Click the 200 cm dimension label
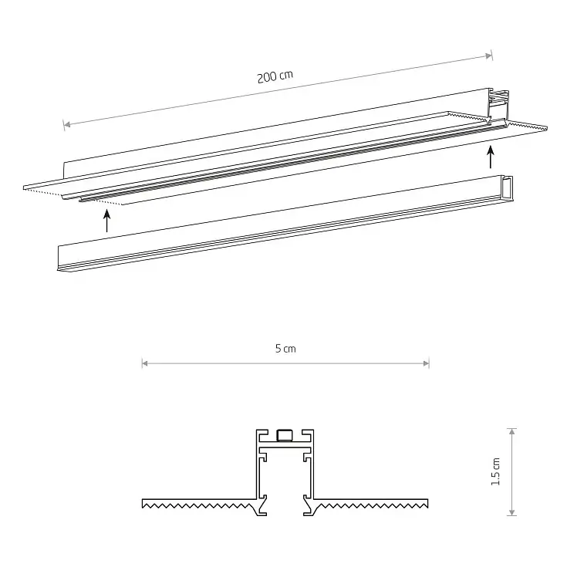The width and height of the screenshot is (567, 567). coord(275,78)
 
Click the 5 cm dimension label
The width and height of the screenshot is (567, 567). coord(285,349)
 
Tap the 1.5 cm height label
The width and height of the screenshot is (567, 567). coord(496,471)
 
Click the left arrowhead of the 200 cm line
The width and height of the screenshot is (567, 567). coord(67,123)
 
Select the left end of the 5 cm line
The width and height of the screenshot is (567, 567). coord(143,363)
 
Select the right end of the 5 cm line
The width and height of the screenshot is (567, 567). coord(427,363)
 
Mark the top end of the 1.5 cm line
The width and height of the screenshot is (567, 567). coord(512,430)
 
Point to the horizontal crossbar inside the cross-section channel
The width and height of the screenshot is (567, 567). coord(285,448)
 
